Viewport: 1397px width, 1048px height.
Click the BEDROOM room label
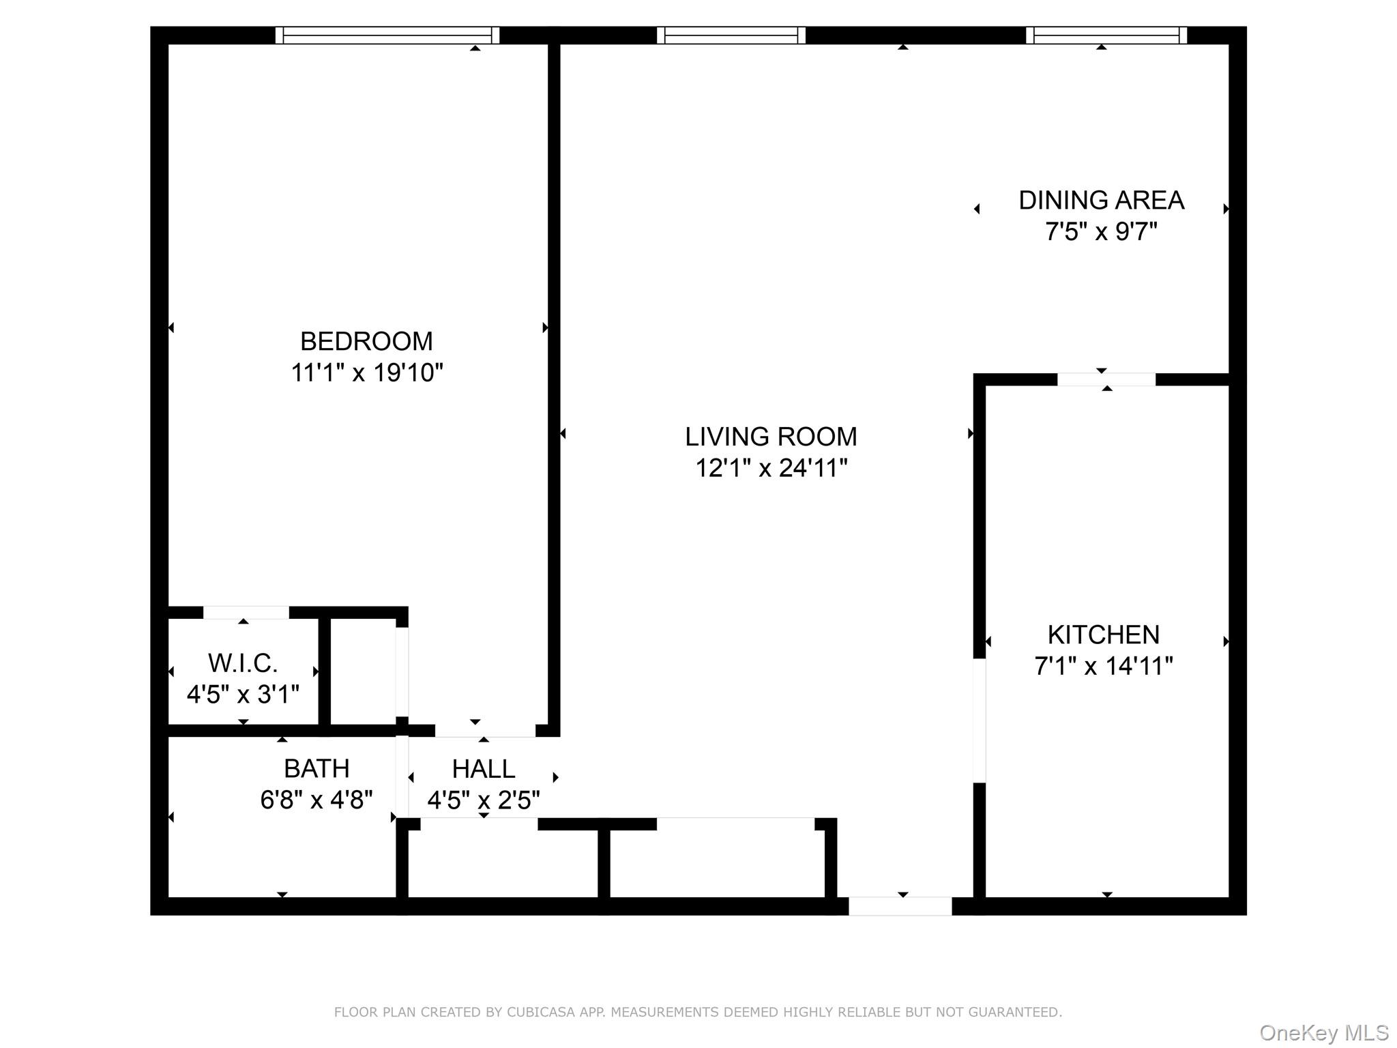pyautogui.click(x=366, y=341)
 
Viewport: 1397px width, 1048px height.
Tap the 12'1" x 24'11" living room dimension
pyautogui.click(x=771, y=469)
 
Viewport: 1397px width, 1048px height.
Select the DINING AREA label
pyautogui.click(x=1101, y=201)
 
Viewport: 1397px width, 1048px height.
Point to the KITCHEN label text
pyautogui.click(x=1103, y=635)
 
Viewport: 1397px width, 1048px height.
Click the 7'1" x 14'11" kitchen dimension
pyautogui.click(x=1103, y=667)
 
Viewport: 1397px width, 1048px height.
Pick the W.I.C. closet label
pyautogui.click(x=243, y=663)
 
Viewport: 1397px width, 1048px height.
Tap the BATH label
pyautogui.click(x=317, y=769)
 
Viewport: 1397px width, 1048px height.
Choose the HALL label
pyautogui.click(x=483, y=770)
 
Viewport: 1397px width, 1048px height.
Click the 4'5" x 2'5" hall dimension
pyautogui.click(x=483, y=800)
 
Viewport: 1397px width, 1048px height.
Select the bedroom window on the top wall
pyautogui.click(x=387, y=35)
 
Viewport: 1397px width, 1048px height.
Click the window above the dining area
pyautogui.click(x=1106, y=35)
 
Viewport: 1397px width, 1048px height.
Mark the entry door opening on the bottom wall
pyautogui.click(x=900, y=906)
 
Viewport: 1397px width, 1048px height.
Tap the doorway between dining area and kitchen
pyautogui.click(x=1106, y=379)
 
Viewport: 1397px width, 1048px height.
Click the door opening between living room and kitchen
pyautogui.click(x=979, y=720)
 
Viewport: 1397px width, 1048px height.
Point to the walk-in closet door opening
pyautogui.click(x=246, y=612)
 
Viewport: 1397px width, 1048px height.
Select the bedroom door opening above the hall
pyautogui.click(x=485, y=731)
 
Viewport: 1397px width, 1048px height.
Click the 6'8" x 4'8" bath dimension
pyautogui.click(x=317, y=800)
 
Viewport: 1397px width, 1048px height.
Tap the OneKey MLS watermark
pyautogui.click(x=1324, y=1033)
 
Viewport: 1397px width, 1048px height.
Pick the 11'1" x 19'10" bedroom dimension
pyautogui.click(x=366, y=373)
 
